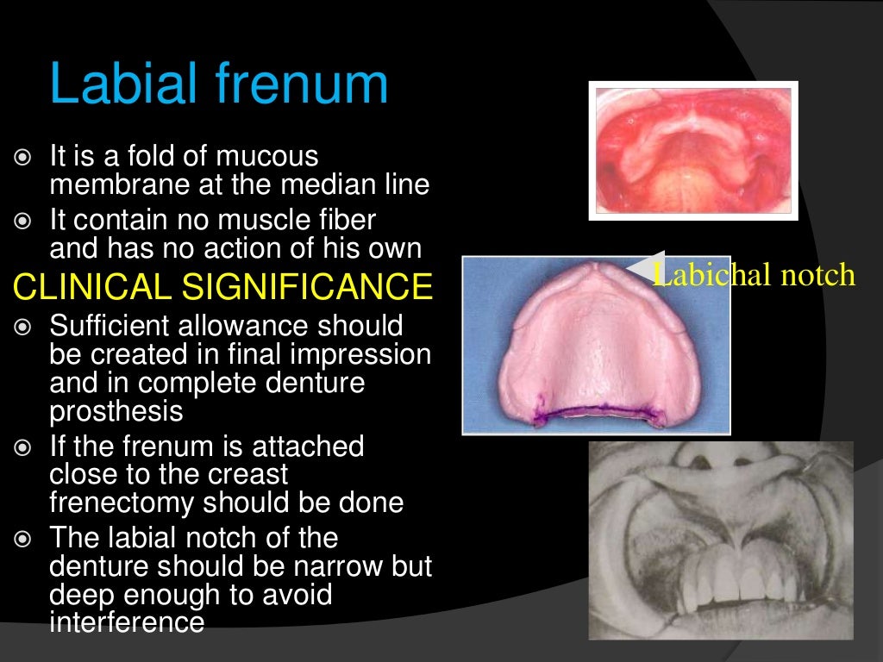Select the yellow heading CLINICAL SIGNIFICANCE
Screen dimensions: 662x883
point(222,287)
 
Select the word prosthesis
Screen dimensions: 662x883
point(116,412)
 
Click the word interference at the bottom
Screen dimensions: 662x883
point(127,622)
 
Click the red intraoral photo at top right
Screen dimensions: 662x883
point(693,151)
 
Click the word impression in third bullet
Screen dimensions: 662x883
point(361,355)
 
